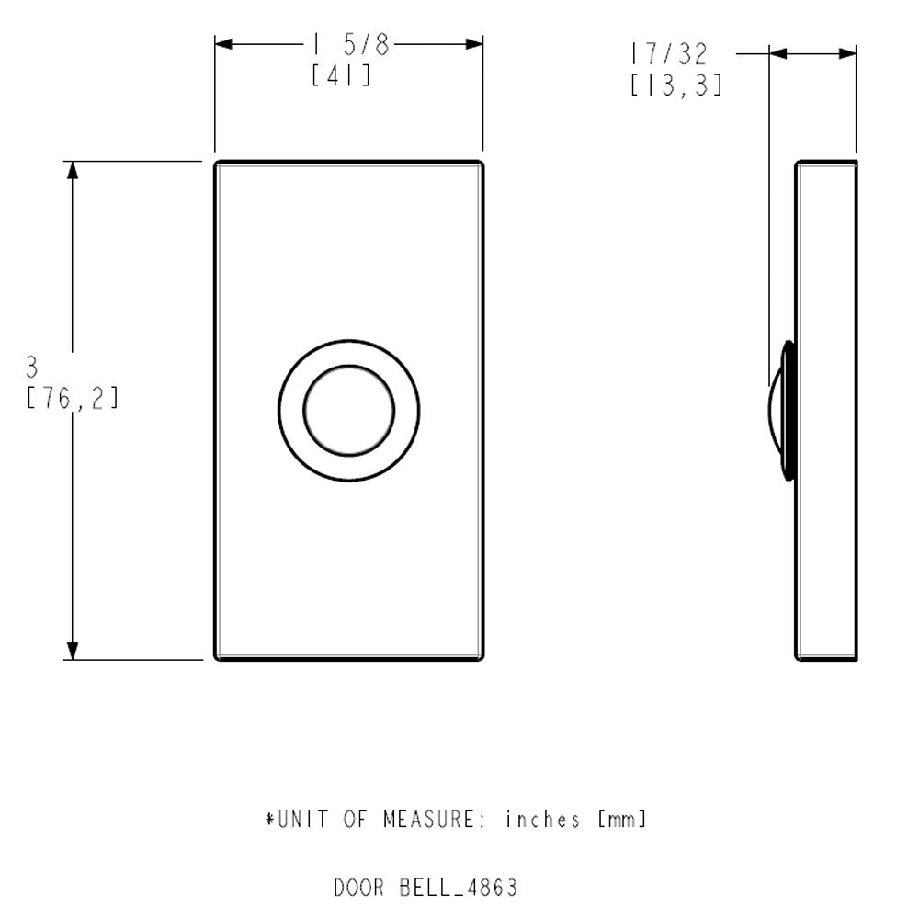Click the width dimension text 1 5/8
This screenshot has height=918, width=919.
point(350,45)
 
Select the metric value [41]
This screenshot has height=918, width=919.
point(341,76)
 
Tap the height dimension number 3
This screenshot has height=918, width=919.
point(32,368)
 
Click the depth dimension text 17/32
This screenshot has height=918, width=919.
point(669,52)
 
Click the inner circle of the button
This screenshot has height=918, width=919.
point(348,410)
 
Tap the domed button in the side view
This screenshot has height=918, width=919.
point(781,411)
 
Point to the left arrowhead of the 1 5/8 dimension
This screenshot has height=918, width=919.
point(226,43)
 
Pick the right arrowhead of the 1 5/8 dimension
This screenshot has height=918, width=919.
point(472,43)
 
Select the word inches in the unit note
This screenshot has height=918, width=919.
point(542,819)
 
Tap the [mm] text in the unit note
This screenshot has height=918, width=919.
point(621,819)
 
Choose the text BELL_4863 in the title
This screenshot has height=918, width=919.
point(459,889)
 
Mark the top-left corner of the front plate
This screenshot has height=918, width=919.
point(217,164)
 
